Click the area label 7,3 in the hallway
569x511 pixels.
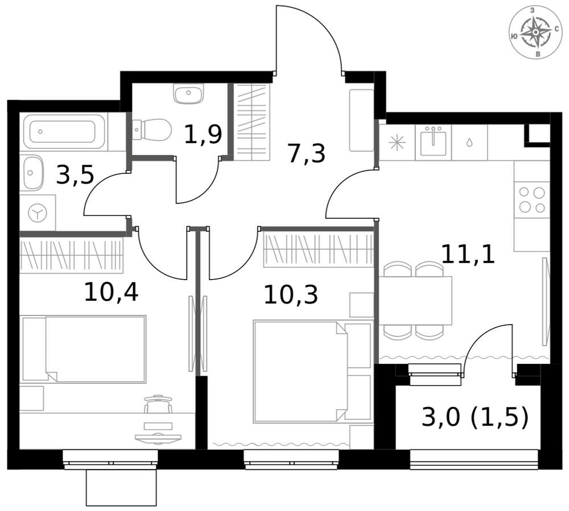pyautogui.click(x=306, y=153)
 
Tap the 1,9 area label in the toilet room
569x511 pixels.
pyautogui.click(x=203, y=135)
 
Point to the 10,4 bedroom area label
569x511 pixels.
pyautogui.click(x=111, y=292)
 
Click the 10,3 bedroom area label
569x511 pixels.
pyautogui.click(x=291, y=294)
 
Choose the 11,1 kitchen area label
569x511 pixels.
pyautogui.click(x=468, y=254)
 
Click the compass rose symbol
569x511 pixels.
pyautogui.click(x=535, y=32)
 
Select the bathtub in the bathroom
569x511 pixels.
pyautogui.click(x=64, y=131)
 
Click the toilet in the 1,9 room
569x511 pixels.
pyautogui.click(x=152, y=130)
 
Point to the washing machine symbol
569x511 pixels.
pyautogui.click(x=38, y=213)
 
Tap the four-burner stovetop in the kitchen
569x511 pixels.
pyautogui.click(x=532, y=200)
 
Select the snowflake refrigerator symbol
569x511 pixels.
pyautogui.click(x=397, y=143)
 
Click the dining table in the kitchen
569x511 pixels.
pyautogui.click(x=415, y=301)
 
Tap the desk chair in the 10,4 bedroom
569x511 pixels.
pyautogui.click(x=158, y=404)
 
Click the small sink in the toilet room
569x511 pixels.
pyautogui.click(x=189, y=94)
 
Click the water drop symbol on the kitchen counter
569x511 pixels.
pyautogui.click(x=469, y=143)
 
